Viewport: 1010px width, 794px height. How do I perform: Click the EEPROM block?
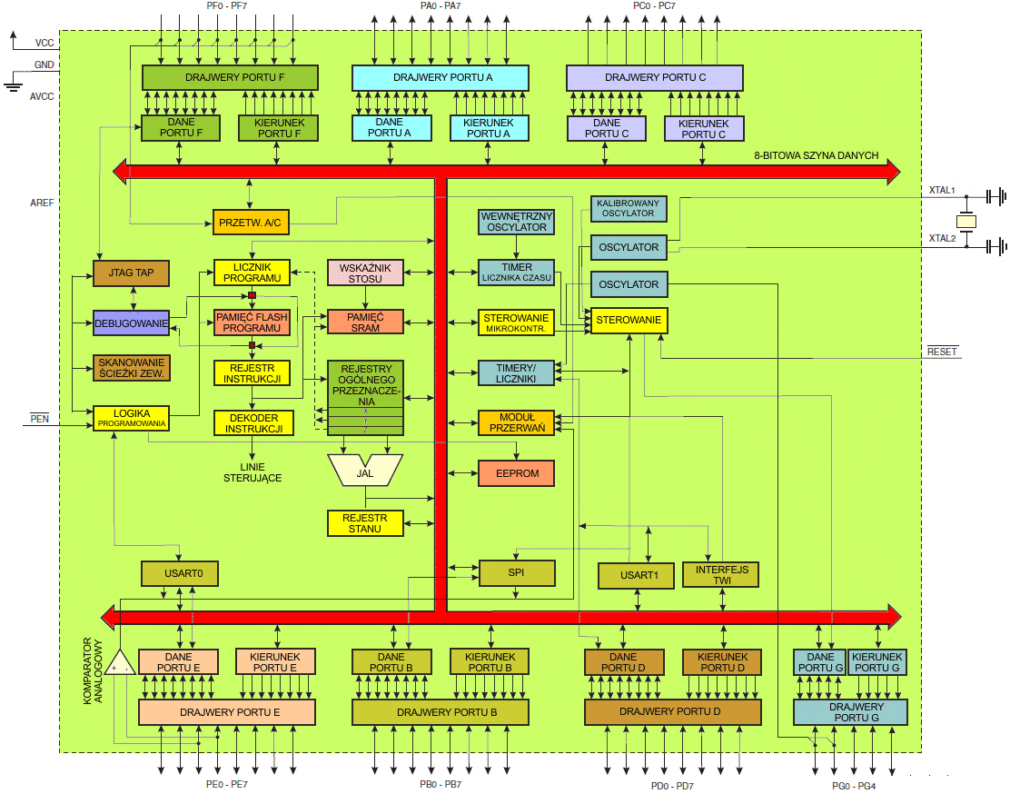pyautogui.click(x=516, y=473)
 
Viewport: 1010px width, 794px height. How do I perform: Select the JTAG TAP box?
pyautogui.click(x=132, y=273)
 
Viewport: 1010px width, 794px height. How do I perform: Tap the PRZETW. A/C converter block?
pyautogui.click(x=248, y=222)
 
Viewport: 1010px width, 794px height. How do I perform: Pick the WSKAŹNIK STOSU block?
pyautogui.click(x=364, y=273)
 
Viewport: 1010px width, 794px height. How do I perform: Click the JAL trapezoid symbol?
pyautogui.click(x=365, y=470)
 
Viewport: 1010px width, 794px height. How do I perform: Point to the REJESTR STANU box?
pyautogui.click(x=364, y=523)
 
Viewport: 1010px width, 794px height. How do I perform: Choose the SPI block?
pyautogui.click(x=516, y=573)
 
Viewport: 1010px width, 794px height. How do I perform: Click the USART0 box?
pyautogui.click(x=180, y=574)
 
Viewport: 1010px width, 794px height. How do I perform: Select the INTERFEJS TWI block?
pyautogui.click(x=720, y=574)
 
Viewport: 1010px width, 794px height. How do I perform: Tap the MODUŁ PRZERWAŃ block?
pyautogui.click(x=516, y=422)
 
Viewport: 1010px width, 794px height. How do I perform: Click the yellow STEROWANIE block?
pyautogui.click(x=629, y=321)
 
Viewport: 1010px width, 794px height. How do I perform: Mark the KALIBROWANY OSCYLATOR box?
pyautogui.click(x=629, y=208)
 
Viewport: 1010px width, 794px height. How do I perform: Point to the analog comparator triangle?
pyautogui.click(x=119, y=664)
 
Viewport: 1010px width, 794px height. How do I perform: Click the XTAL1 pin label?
pyautogui.click(x=942, y=191)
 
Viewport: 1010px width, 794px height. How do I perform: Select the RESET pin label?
pyautogui.click(x=942, y=352)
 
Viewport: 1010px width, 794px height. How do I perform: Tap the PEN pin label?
pyautogui.click(x=39, y=419)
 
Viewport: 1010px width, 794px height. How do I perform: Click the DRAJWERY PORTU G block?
pyautogui.click(x=850, y=712)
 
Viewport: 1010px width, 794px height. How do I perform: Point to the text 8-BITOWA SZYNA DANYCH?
pyautogui.click(x=816, y=155)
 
